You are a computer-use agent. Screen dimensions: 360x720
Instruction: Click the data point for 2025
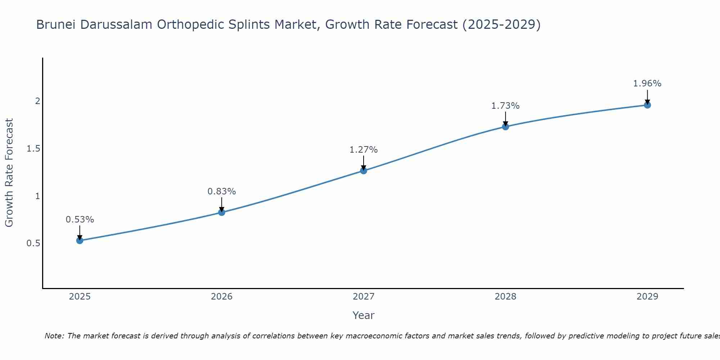(80, 240)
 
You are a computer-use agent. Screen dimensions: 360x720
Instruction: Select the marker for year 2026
(222, 212)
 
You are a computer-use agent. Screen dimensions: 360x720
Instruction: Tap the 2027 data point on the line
(364, 171)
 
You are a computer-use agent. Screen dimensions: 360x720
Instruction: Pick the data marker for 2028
(505, 127)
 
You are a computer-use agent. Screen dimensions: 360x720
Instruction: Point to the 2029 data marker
(647, 105)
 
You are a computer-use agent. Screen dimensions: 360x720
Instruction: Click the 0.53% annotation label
(80, 220)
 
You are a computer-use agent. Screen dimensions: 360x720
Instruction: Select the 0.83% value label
(222, 192)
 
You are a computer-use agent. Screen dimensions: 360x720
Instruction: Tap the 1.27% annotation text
(364, 150)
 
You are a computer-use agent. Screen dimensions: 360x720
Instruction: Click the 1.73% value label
(505, 106)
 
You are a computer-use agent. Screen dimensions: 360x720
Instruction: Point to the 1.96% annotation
(647, 84)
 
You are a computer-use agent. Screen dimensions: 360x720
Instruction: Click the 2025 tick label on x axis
(80, 297)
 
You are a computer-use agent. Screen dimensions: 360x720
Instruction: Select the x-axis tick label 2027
(364, 297)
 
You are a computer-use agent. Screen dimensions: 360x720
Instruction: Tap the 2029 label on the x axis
(647, 297)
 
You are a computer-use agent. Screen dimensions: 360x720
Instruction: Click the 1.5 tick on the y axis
(33, 149)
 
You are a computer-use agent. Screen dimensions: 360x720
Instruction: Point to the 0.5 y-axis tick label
(33, 243)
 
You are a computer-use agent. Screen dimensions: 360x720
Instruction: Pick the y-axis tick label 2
(37, 101)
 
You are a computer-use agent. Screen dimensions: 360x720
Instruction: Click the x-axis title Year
(364, 315)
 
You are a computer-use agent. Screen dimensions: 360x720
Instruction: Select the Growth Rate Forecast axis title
(9, 173)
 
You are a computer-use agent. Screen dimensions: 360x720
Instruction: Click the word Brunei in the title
(57, 25)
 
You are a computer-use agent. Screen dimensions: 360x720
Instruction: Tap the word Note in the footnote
(54, 336)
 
